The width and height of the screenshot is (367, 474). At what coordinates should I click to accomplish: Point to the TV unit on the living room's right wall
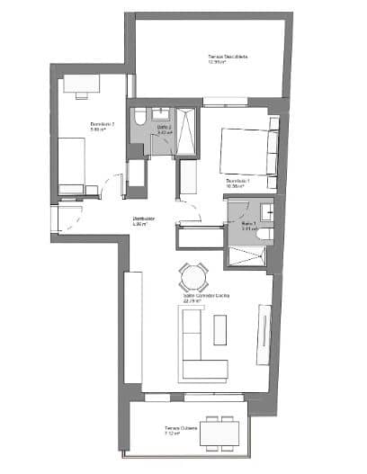point(264,333)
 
